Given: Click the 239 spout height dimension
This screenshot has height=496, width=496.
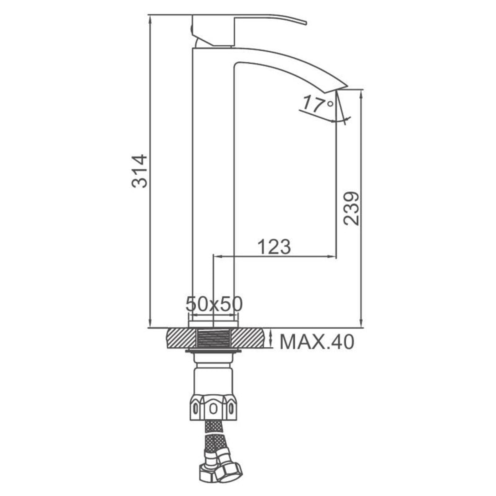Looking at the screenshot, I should pyautogui.click(x=351, y=209).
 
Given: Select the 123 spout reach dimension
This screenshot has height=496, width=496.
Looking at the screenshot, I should pyautogui.click(x=274, y=247).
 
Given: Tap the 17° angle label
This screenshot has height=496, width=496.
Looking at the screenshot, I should pyautogui.click(x=318, y=104).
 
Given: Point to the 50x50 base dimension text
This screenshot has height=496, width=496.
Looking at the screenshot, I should pyautogui.click(x=214, y=305).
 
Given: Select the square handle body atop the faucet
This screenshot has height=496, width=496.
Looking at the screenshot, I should pyautogui.click(x=213, y=30).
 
